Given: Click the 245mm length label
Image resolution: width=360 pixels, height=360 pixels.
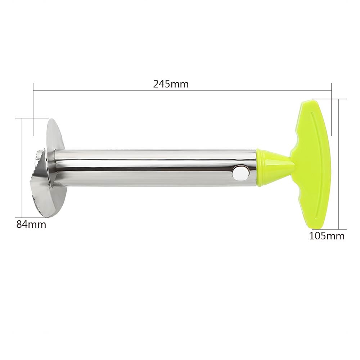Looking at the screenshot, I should pos(171,85).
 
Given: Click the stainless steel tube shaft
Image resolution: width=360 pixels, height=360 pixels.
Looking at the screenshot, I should pos(155,167).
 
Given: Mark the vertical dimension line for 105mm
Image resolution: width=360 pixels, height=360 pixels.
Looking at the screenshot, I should pos(338,164).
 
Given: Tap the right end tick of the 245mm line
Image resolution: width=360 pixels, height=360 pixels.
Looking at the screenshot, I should pos(331,92).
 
